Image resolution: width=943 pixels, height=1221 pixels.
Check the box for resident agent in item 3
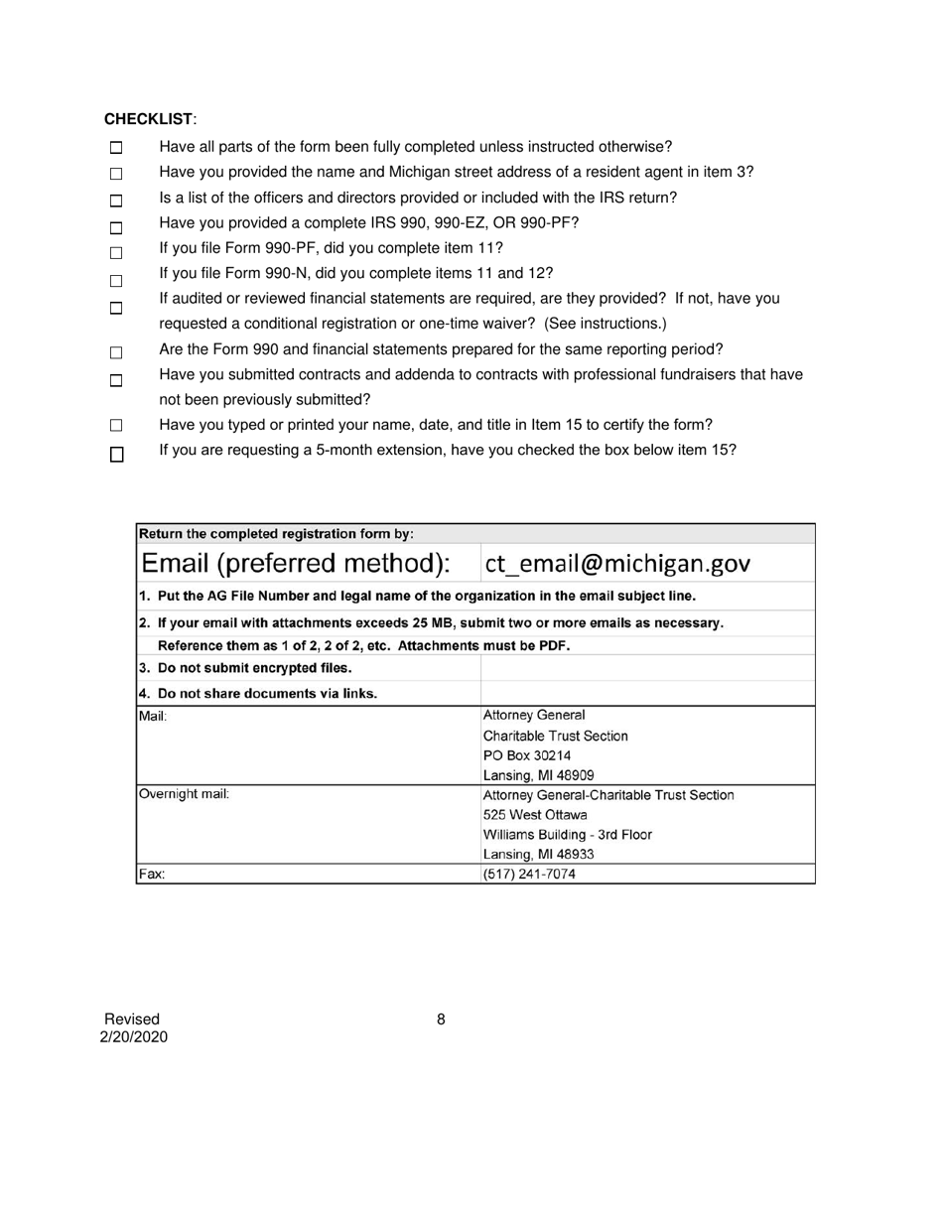point(116,174)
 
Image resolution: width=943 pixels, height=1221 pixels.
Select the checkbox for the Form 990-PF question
point(116,253)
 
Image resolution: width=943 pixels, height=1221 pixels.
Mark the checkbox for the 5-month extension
point(116,455)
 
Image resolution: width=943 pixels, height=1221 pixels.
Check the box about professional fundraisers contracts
point(116,380)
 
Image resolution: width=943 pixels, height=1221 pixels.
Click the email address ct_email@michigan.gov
point(616,564)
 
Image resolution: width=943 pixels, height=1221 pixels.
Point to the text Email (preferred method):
point(296,564)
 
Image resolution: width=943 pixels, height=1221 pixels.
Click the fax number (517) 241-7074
point(528,875)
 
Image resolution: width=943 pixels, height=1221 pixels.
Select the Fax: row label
point(152,875)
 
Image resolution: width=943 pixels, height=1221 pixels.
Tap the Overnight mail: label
point(184,794)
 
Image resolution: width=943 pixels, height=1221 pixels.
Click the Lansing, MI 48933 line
point(538,854)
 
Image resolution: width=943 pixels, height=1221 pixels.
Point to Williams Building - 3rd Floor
point(567,834)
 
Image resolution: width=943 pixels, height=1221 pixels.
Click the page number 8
point(441,1018)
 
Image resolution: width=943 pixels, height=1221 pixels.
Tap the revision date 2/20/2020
point(133,1037)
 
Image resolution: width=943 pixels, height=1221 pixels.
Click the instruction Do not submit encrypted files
point(245,667)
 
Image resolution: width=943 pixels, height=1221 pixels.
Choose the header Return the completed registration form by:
point(276,533)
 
